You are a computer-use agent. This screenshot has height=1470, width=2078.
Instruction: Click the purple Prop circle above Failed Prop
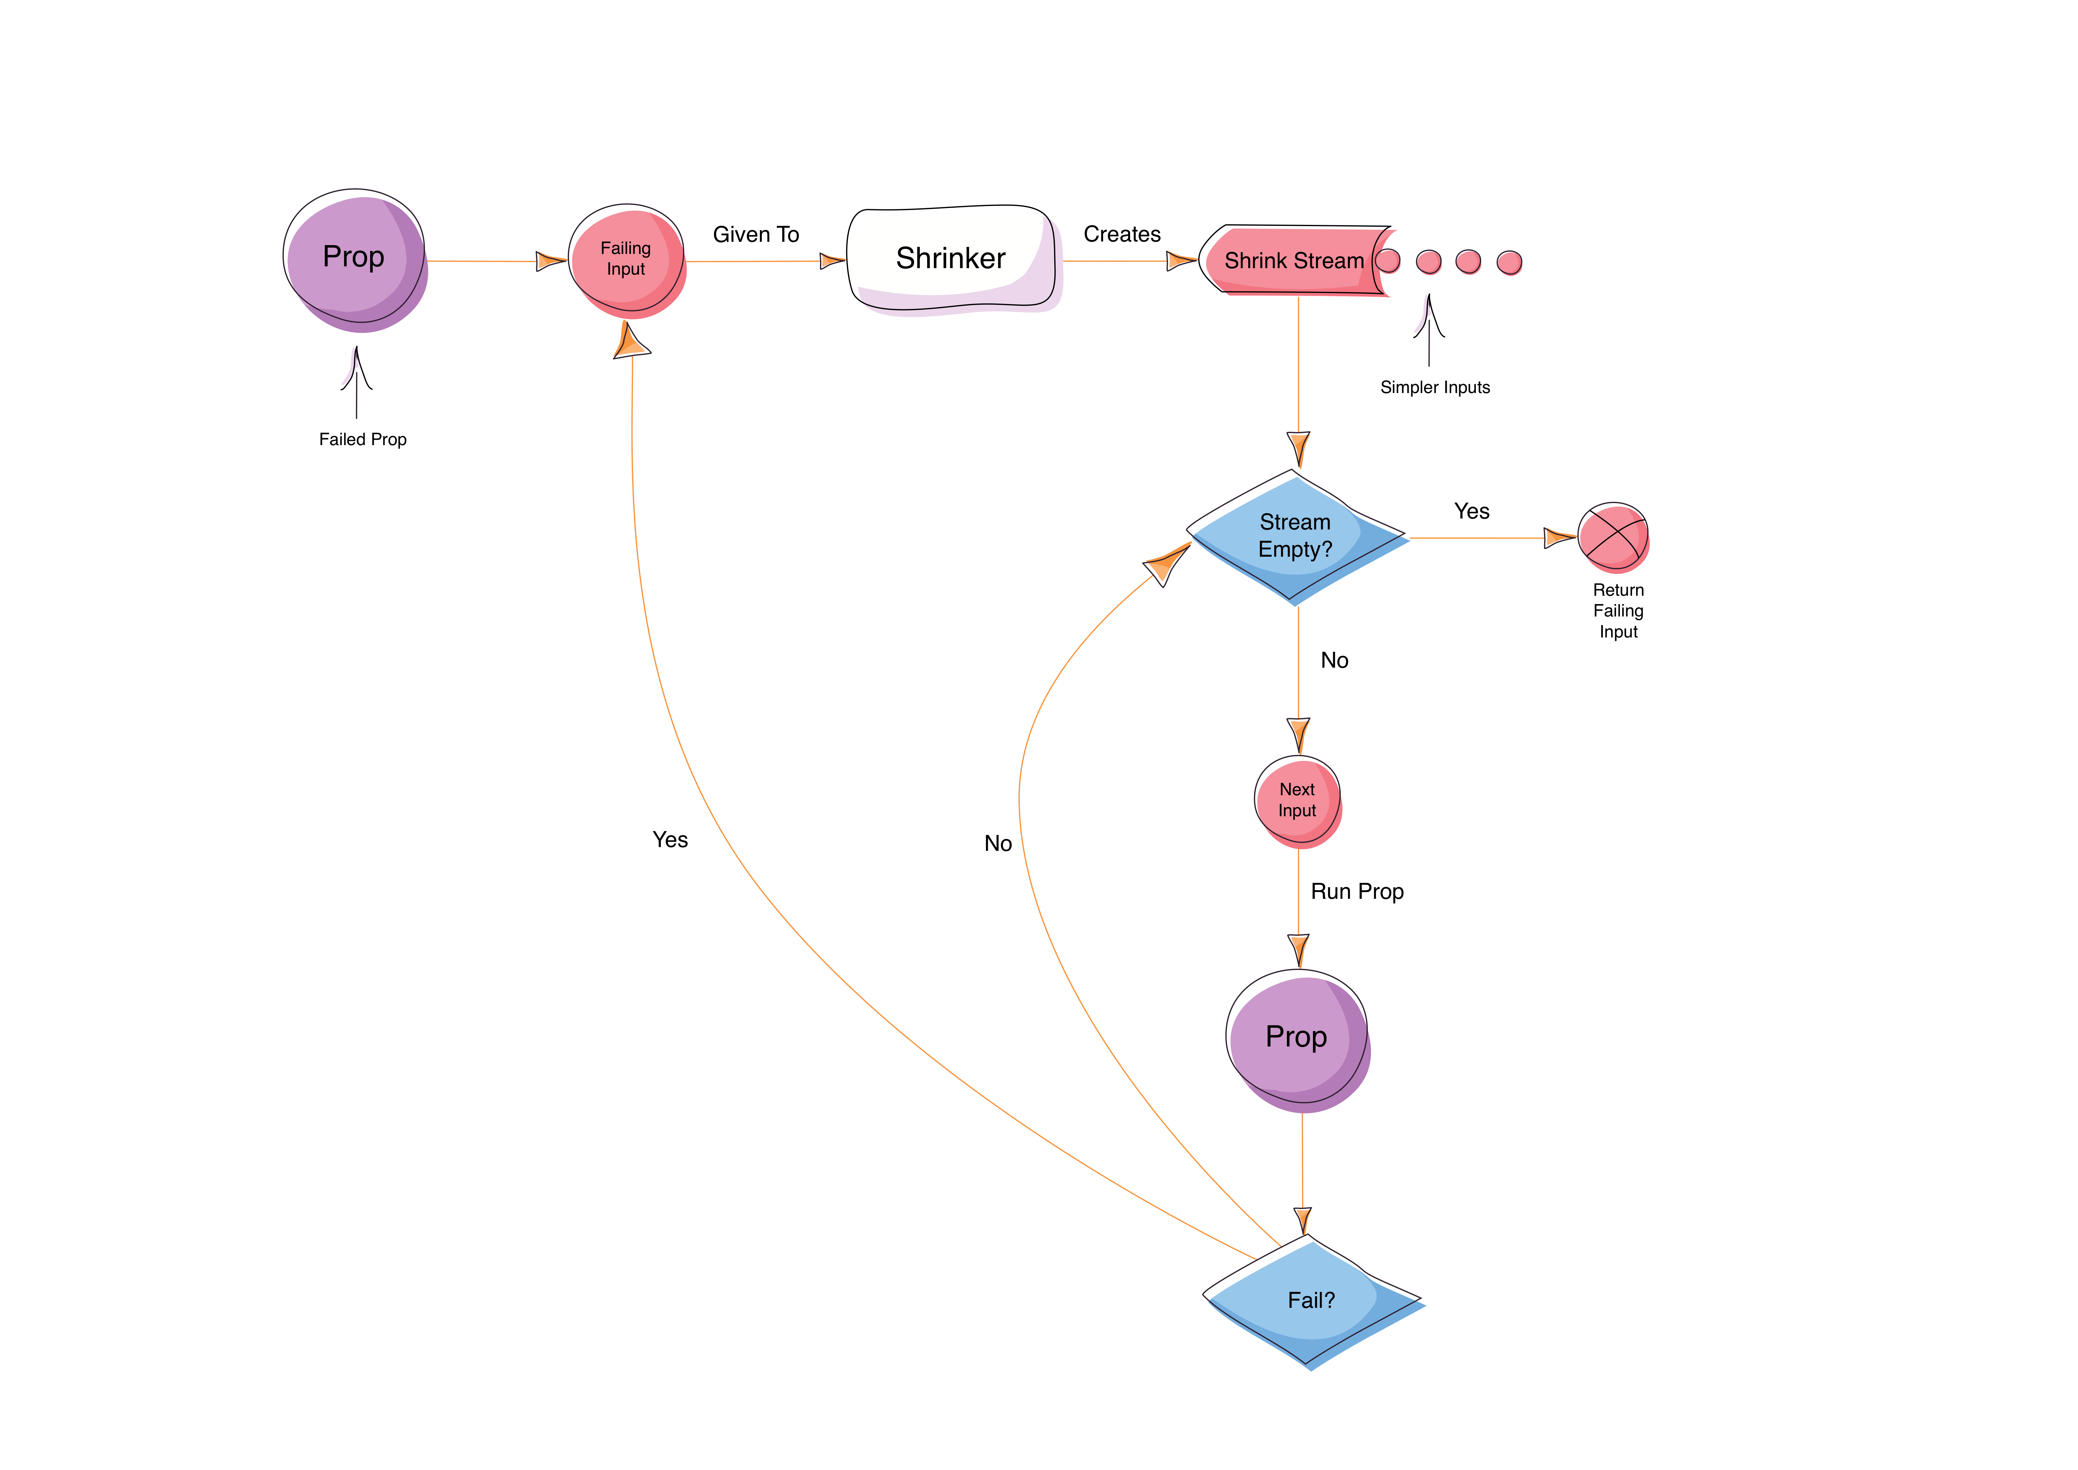click(355, 260)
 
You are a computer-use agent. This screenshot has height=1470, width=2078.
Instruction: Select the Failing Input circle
click(626, 261)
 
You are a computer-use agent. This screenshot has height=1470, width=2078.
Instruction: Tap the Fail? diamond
click(1312, 1301)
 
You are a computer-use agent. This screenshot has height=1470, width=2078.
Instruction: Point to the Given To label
click(756, 234)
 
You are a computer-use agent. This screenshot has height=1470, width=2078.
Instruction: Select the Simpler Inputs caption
click(1435, 387)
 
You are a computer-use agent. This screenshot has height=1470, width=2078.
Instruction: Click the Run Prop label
click(1357, 892)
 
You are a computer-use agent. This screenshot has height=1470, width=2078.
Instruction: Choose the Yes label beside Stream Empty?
click(1472, 511)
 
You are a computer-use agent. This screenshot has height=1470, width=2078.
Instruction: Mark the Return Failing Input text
click(1618, 611)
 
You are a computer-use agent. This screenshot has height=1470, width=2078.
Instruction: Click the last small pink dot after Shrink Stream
click(1509, 263)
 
